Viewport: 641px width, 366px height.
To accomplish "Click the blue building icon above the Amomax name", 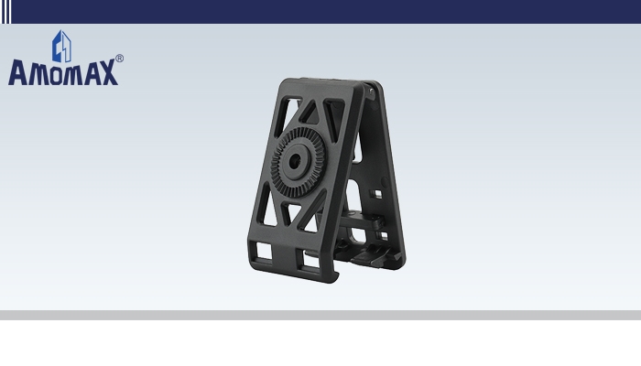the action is [x=61, y=46].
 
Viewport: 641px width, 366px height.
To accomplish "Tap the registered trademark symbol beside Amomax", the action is [x=119, y=59].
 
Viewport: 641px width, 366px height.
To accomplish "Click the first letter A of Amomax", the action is [x=18, y=72].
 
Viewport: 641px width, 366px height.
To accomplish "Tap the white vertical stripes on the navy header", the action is [x=5, y=11].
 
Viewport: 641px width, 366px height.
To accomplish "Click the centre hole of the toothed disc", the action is [x=296, y=162].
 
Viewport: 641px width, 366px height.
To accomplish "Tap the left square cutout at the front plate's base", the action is [x=264, y=251].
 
